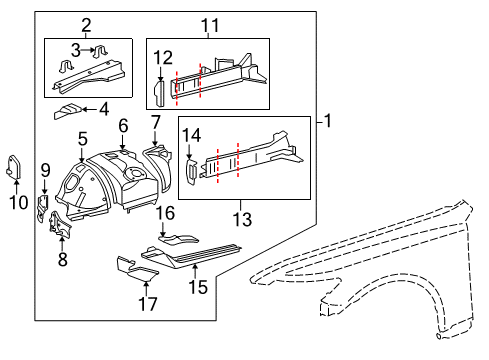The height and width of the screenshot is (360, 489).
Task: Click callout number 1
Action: click(329, 122)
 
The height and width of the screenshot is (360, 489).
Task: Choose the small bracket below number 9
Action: click(43, 206)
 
